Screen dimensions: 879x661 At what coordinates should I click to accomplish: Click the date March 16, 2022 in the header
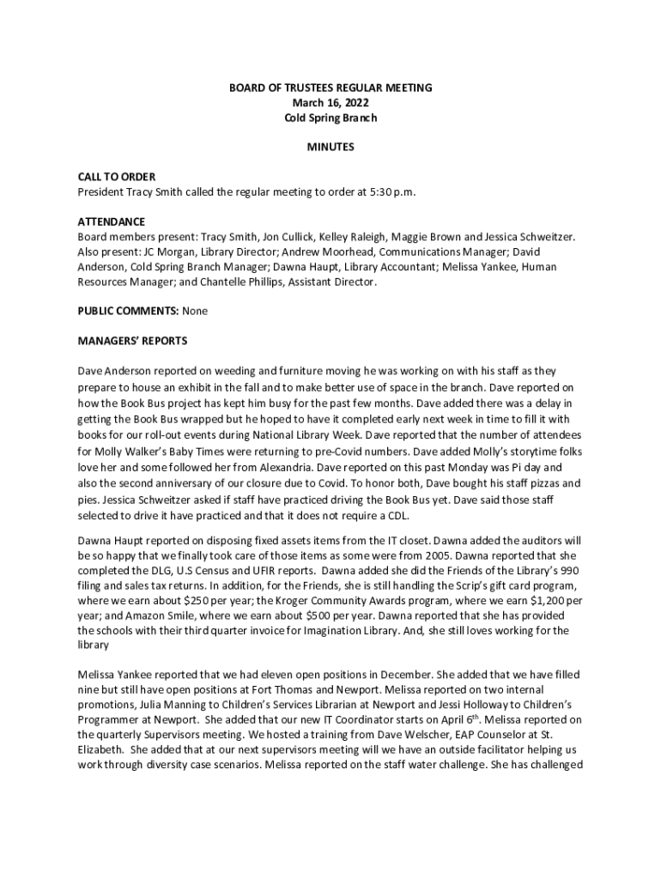coord(330,103)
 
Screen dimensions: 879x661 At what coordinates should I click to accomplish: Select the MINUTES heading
coord(330,147)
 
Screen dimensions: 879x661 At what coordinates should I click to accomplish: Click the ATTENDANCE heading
coord(112,221)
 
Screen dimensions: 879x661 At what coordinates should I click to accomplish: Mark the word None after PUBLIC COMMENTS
coord(195,311)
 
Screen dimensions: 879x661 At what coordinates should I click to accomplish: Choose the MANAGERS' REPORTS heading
coord(132,341)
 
